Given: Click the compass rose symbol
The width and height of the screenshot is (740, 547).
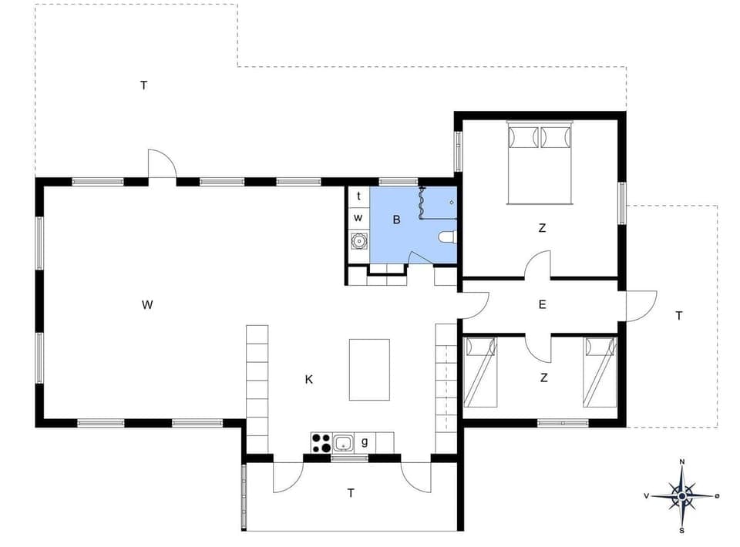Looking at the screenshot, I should point(681,495).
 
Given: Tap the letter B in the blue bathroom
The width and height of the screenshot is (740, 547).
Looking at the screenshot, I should point(397,220).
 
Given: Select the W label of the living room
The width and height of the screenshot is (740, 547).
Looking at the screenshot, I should point(147,304).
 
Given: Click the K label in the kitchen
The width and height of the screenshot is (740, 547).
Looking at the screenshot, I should point(309,379).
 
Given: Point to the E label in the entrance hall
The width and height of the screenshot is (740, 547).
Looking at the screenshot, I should point(542,304).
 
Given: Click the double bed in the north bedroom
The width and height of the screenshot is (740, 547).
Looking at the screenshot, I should point(540,163).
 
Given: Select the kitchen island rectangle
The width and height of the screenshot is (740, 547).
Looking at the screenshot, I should point(369,369).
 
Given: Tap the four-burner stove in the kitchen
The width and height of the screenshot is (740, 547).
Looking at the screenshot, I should point(321,443).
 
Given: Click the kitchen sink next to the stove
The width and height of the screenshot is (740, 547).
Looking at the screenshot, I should point(344,443).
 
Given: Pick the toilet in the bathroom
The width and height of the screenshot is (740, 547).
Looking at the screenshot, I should point(448,237).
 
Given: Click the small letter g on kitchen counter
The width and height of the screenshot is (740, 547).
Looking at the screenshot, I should point(364,441).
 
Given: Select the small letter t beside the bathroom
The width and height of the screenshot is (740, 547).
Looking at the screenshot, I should point(358,196).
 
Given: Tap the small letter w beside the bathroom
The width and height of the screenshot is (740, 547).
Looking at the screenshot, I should point(358,217).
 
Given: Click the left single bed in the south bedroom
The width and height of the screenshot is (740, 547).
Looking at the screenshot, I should point(480,372).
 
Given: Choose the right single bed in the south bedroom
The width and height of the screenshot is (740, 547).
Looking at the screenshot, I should point(600,372).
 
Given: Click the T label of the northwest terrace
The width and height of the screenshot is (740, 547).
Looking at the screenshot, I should point(143,85).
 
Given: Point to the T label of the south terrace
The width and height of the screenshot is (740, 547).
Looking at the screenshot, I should point(351,493).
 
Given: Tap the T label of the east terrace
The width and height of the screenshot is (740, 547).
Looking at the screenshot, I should point(678,315).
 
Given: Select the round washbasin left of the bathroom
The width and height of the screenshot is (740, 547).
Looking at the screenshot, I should point(358,241).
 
